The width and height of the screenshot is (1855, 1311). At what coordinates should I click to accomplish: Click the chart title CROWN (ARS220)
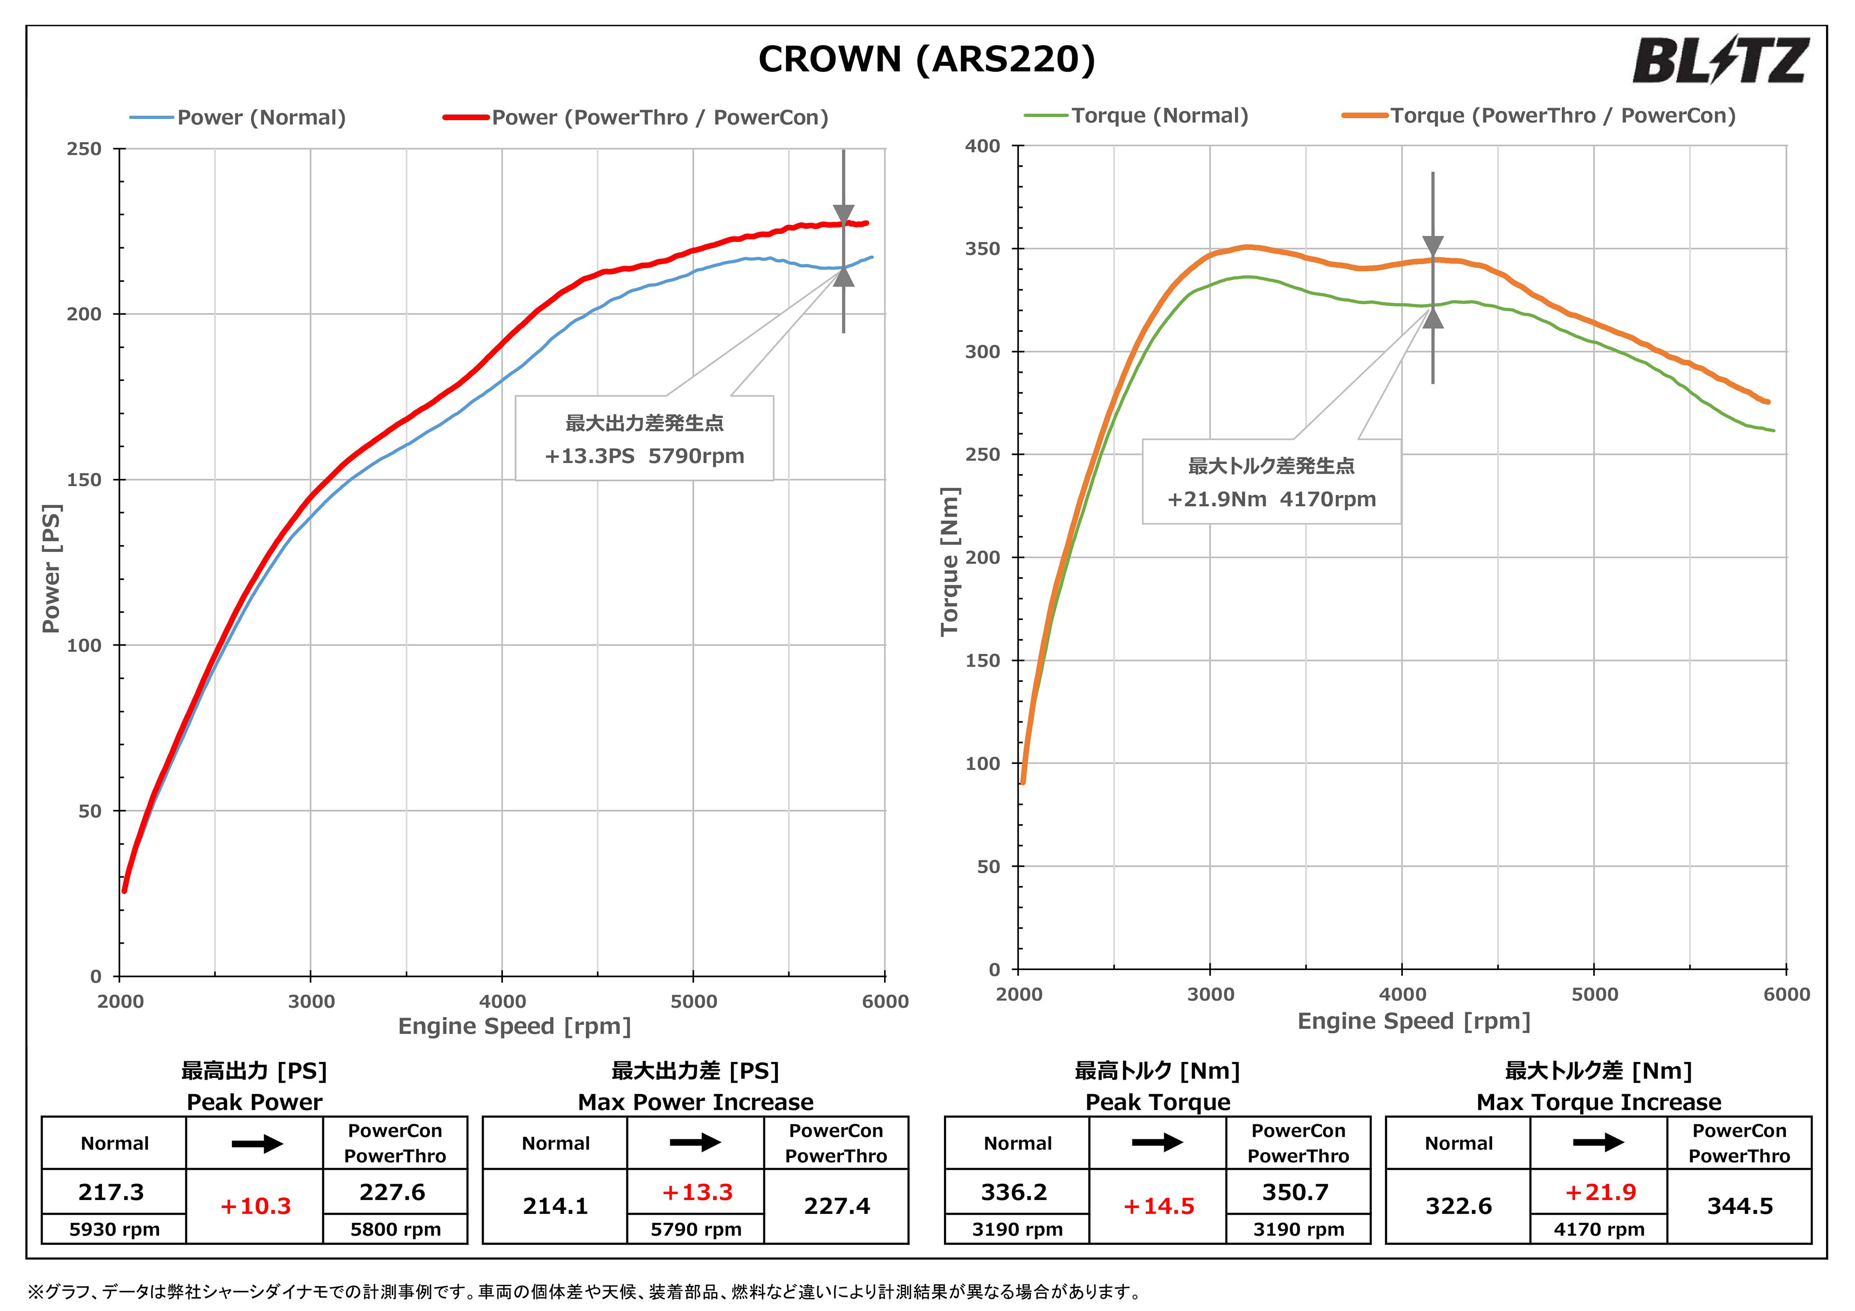(927, 59)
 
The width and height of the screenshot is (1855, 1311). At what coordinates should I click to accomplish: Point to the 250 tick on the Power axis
(84, 149)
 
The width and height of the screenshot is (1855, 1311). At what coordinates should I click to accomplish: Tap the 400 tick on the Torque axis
(983, 146)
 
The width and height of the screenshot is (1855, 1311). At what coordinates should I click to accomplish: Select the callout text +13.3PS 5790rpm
(644, 456)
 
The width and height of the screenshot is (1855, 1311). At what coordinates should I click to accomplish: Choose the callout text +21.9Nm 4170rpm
(1271, 499)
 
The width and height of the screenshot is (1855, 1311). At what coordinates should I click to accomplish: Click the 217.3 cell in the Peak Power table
(112, 1192)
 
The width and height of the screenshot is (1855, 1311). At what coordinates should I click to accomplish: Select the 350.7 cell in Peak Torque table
(1296, 1192)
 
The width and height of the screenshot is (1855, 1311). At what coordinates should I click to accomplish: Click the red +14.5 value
(1158, 1207)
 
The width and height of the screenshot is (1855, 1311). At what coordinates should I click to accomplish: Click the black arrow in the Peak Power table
(257, 1144)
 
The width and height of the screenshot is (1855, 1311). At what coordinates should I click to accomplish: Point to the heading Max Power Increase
(696, 1102)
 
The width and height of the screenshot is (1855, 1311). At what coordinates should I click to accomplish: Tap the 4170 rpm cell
(1599, 1229)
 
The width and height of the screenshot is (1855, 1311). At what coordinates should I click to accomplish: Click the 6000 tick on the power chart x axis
(885, 1001)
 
